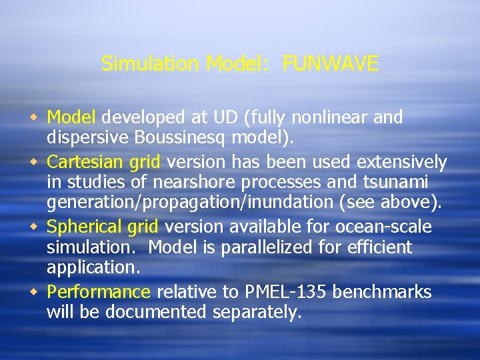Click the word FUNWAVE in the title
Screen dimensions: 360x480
(x=331, y=64)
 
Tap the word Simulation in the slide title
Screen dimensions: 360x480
(x=150, y=64)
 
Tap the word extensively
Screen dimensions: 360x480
(x=402, y=161)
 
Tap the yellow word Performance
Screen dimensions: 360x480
(x=99, y=292)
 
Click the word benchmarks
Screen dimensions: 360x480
(x=382, y=292)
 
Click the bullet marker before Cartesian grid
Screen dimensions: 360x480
(x=35, y=162)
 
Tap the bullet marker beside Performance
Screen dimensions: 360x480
(x=35, y=292)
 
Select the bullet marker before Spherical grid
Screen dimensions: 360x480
(x=35, y=227)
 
